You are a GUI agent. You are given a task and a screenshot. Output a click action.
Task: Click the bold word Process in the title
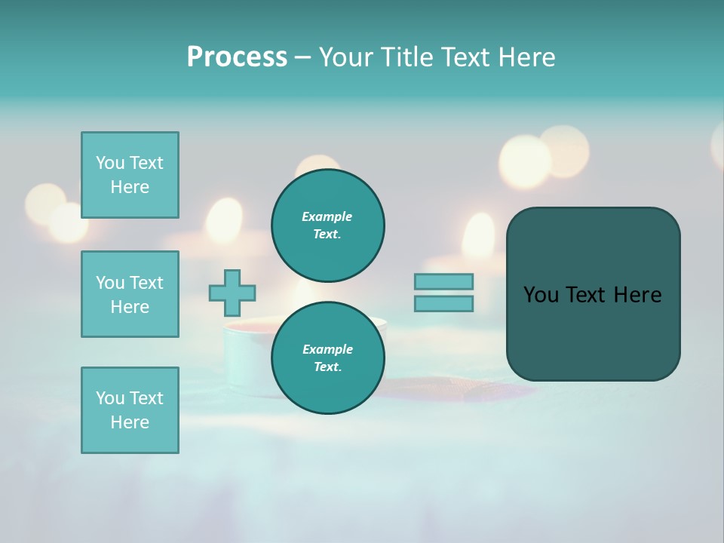pos(237,57)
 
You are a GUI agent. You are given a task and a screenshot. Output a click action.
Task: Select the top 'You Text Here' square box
pos(130,175)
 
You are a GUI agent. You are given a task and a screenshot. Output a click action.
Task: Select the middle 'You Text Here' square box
pos(130,294)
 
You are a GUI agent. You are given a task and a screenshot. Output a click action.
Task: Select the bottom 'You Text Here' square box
pos(130,410)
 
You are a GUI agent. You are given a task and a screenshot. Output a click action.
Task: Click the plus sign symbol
pos(232,293)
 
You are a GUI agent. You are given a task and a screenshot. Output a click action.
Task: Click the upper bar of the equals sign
pos(443,281)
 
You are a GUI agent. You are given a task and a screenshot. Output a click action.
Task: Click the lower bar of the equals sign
pos(443,303)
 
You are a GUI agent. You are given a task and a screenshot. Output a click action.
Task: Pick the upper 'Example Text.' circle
pos(328,225)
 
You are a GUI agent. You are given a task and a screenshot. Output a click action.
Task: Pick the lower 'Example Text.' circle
pos(328,358)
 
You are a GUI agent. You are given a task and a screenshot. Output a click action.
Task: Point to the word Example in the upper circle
pos(327,216)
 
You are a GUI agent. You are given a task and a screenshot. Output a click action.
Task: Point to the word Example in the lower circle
pos(327,349)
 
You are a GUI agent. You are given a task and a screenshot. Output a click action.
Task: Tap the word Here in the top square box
pos(130,187)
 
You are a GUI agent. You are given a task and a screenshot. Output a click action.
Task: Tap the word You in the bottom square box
pos(110,398)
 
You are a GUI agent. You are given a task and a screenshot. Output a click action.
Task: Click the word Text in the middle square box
pos(146,283)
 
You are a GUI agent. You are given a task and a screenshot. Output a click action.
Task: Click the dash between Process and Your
pos(302,58)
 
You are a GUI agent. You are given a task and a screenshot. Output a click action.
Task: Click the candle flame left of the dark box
pos(478,235)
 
